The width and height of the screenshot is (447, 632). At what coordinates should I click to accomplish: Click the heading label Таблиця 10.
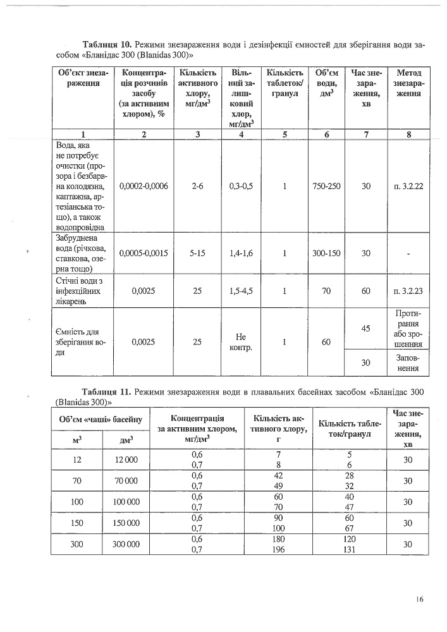(107, 46)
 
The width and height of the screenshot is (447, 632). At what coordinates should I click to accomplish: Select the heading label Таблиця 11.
(106, 392)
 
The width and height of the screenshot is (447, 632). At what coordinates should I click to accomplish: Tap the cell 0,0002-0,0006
(144, 186)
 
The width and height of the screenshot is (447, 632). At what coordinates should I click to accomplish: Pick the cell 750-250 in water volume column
(326, 186)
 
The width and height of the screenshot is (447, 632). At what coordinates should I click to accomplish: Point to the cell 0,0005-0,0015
(144, 253)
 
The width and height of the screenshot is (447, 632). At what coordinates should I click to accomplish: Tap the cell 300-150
(326, 253)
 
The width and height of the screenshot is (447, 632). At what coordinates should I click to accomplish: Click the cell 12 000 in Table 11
(126, 459)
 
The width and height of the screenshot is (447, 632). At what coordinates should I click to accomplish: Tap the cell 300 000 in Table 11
(126, 544)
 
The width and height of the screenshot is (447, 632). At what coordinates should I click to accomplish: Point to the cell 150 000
(126, 523)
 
